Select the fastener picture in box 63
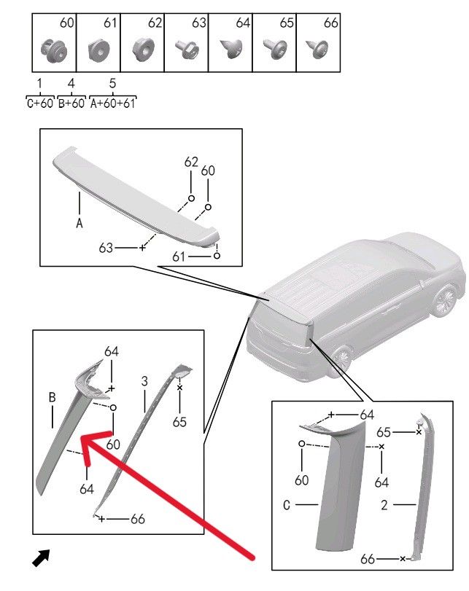(187, 50)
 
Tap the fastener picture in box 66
(318, 49)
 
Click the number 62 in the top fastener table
(155, 23)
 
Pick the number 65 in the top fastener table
(287, 23)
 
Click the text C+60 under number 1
(40, 103)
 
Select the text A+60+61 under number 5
(112, 103)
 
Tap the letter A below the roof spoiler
(80, 224)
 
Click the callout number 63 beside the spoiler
(106, 248)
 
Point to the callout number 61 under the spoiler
(179, 257)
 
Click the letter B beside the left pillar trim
(52, 397)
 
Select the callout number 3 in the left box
(144, 381)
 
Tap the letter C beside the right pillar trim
(287, 505)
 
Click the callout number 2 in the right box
(384, 505)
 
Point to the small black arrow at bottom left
(41, 557)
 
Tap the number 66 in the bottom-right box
(368, 559)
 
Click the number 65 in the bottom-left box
(179, 422)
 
